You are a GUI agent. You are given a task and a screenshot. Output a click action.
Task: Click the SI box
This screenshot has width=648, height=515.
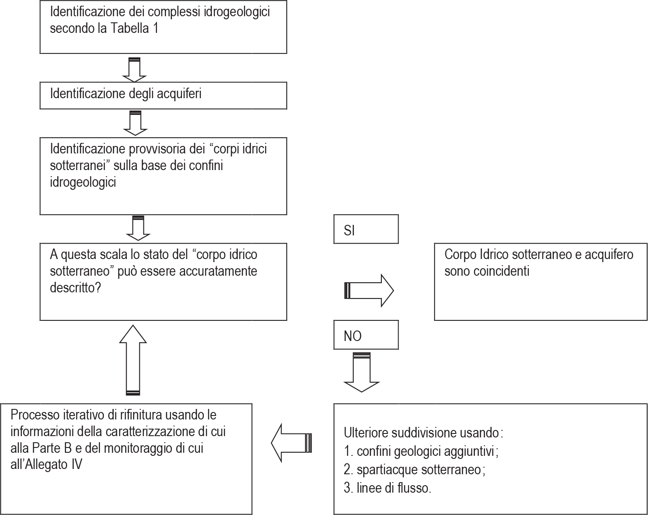tap(366, 229)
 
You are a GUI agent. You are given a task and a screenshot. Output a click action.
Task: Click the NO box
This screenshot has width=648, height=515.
tap(366, 335)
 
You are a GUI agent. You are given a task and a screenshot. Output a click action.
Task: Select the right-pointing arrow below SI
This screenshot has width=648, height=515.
tap(369, 291)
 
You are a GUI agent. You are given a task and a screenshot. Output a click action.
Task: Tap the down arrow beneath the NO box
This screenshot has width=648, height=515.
tap(362, 372)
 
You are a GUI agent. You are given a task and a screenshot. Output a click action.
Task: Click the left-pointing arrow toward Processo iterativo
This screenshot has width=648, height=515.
tap(291, 443)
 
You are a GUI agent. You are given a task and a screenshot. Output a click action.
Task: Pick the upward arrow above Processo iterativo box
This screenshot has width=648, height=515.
tap(133, 360)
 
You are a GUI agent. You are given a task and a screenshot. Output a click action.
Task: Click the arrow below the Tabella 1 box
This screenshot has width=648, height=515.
tap(134, 70)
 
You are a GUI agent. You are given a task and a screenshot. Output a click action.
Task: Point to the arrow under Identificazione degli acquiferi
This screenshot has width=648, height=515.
tap(135, 123)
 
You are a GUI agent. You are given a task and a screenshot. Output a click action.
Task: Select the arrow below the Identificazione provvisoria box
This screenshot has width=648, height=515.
tap(138, 228)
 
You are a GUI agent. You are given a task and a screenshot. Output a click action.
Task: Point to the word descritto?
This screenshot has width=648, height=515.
tap(75, 288)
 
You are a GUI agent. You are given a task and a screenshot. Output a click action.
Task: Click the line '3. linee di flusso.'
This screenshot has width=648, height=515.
tap(388, 488)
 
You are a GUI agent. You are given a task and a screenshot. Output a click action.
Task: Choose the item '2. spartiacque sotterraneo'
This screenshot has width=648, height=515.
tap(412, 469)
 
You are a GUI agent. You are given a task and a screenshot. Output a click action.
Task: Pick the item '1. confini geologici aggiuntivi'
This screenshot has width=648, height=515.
tap(419, 451)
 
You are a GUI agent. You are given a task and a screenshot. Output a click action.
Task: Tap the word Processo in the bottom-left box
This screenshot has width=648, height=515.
tap(35, 415)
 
